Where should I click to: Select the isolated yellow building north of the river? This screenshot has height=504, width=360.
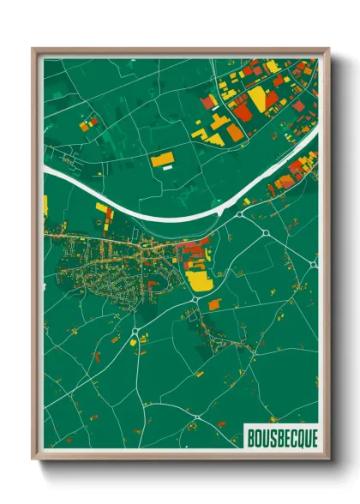coord(163,159)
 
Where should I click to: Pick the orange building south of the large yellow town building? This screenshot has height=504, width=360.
coord(214,303)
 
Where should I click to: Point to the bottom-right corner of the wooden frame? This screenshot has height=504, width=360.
coord(328,460)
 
